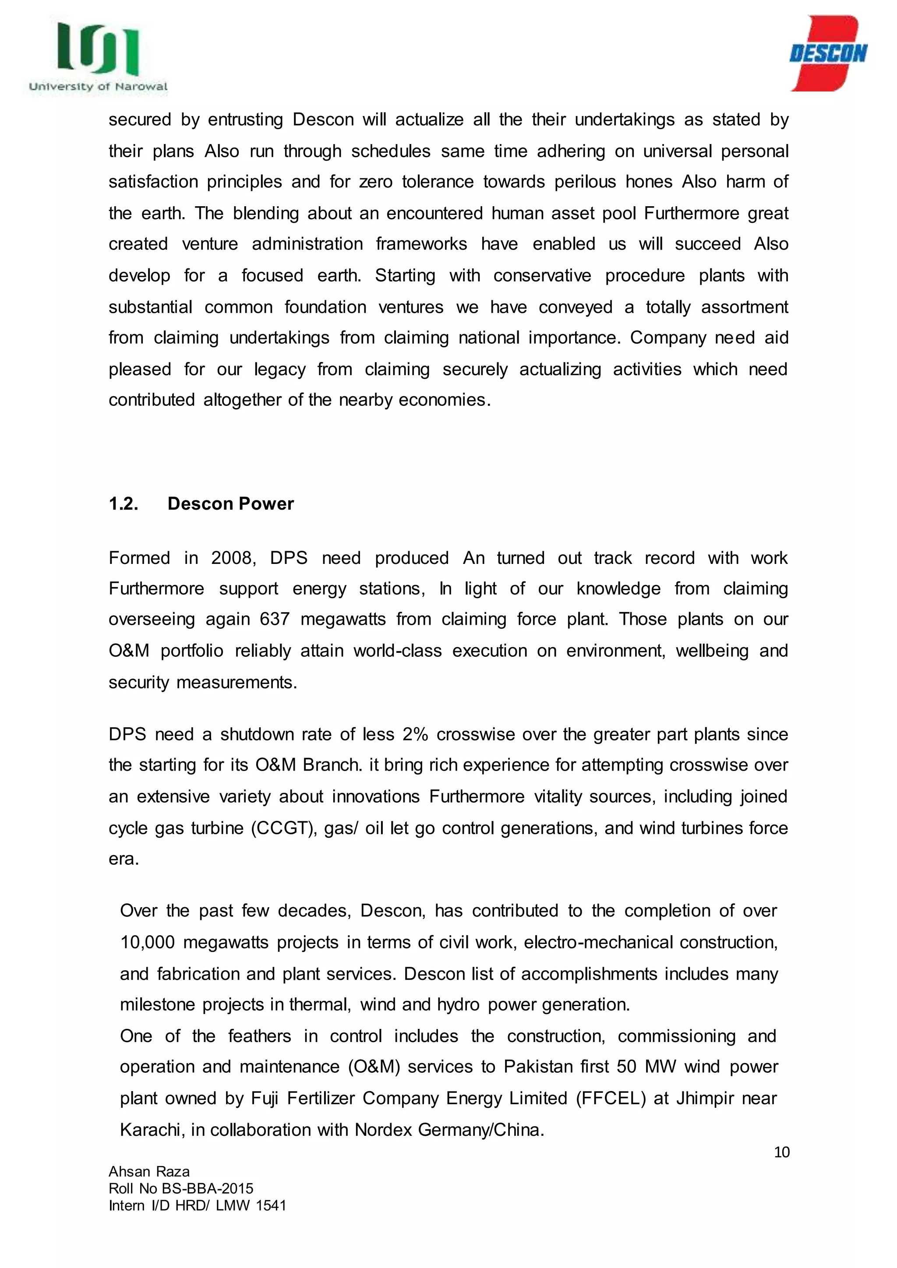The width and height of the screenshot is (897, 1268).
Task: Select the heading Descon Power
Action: [230, 504]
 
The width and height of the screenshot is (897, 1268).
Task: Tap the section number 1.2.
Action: [124, 504]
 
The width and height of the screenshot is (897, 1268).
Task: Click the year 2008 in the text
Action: [233, 558]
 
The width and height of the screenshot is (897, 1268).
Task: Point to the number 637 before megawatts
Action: [275, 619]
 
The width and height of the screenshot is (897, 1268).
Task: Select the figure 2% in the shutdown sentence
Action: [415, 735]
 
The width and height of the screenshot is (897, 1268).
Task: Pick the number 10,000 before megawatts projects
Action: [147, 942]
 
